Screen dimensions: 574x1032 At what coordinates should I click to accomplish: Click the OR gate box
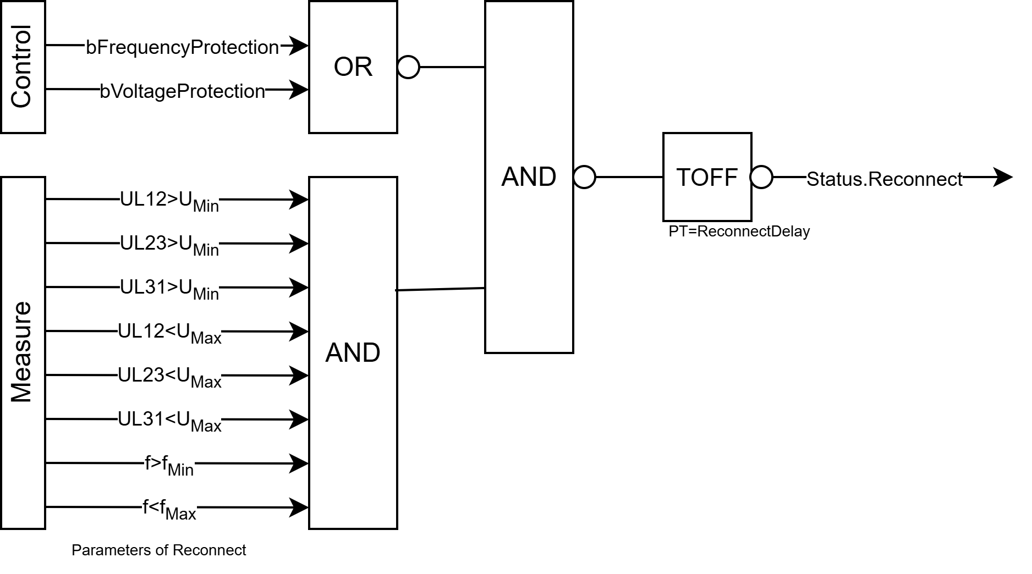click(353, 67)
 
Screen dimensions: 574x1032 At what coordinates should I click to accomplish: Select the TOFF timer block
click(707, 177)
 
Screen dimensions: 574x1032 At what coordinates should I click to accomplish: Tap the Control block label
click(23, 67)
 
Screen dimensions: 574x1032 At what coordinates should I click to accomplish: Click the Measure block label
click(23, 352)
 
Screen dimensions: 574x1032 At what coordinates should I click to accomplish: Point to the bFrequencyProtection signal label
click(183, 47)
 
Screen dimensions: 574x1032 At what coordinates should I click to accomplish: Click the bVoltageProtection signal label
click(183, 91)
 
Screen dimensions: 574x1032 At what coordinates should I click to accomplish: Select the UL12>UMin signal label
click(169, 201)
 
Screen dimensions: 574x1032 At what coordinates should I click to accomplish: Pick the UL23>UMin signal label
click(169, 245)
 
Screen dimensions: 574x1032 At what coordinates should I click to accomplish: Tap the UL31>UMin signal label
click(169, 289)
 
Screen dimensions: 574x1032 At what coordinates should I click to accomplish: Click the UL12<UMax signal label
click(169, 333)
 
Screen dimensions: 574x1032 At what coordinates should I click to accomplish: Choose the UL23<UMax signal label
click(169, 377)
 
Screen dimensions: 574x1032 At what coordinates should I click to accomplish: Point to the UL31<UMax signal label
click(169, 421)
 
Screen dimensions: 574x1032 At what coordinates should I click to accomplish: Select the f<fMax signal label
click(169, 509)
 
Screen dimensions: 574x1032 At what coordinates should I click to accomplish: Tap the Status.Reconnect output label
click(885, 179)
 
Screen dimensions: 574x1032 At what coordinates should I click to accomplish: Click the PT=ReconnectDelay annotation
click(739, 231)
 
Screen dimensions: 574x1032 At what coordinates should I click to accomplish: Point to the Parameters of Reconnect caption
click(158, 550)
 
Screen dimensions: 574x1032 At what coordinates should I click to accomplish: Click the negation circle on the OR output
click(408, 67)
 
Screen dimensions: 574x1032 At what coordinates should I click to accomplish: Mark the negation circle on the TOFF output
click(762, 177)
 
